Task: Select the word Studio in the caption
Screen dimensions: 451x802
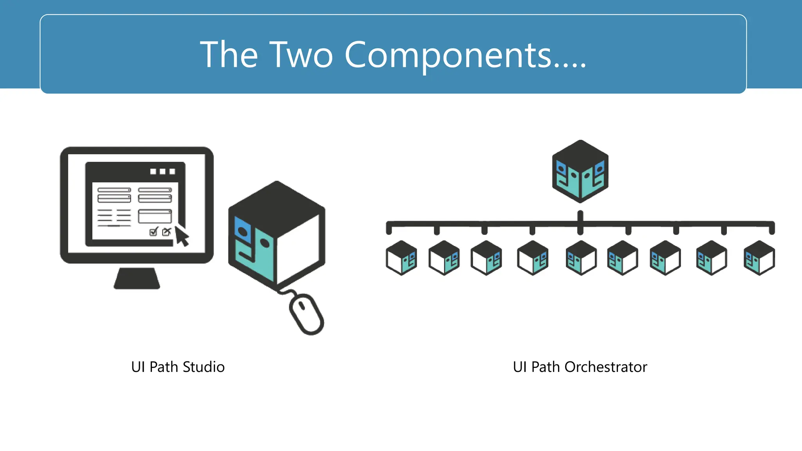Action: pos(204,367)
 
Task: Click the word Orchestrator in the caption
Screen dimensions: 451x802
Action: pos(606,367)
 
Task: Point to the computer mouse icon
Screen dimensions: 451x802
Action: pos(307,314)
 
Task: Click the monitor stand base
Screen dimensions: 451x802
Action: pos(137,278)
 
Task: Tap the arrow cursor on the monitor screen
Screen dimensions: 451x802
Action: pos(181,236)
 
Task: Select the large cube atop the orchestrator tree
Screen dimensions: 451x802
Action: pos(580,171)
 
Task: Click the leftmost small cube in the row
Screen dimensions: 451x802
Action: pos(401,258)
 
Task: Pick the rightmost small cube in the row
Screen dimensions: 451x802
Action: pos(759,258)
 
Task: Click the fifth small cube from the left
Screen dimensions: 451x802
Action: pos(581,258)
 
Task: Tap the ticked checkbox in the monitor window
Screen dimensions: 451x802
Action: pos(154,232)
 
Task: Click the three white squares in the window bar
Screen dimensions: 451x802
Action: pos(163,171)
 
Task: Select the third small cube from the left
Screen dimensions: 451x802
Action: pos(486,258)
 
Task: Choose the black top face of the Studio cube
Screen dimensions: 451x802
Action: pos(277,207)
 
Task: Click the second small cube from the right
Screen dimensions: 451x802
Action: pos(712,258)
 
